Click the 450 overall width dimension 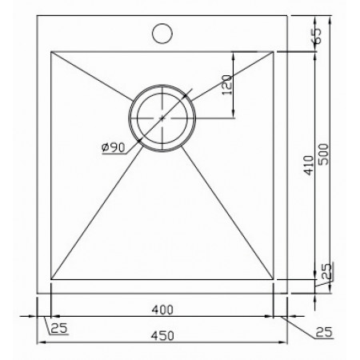coord(162,335)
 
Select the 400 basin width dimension coord(162,310)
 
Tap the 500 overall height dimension coord(324,154)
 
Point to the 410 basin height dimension coord(310,166)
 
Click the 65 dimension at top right coord(317,35)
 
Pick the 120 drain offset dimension coord(226,85)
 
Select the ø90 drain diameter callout coord(114,147)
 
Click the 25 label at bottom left coord(59,328)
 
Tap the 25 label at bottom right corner coord(324,332)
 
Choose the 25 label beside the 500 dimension coord(327,271)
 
